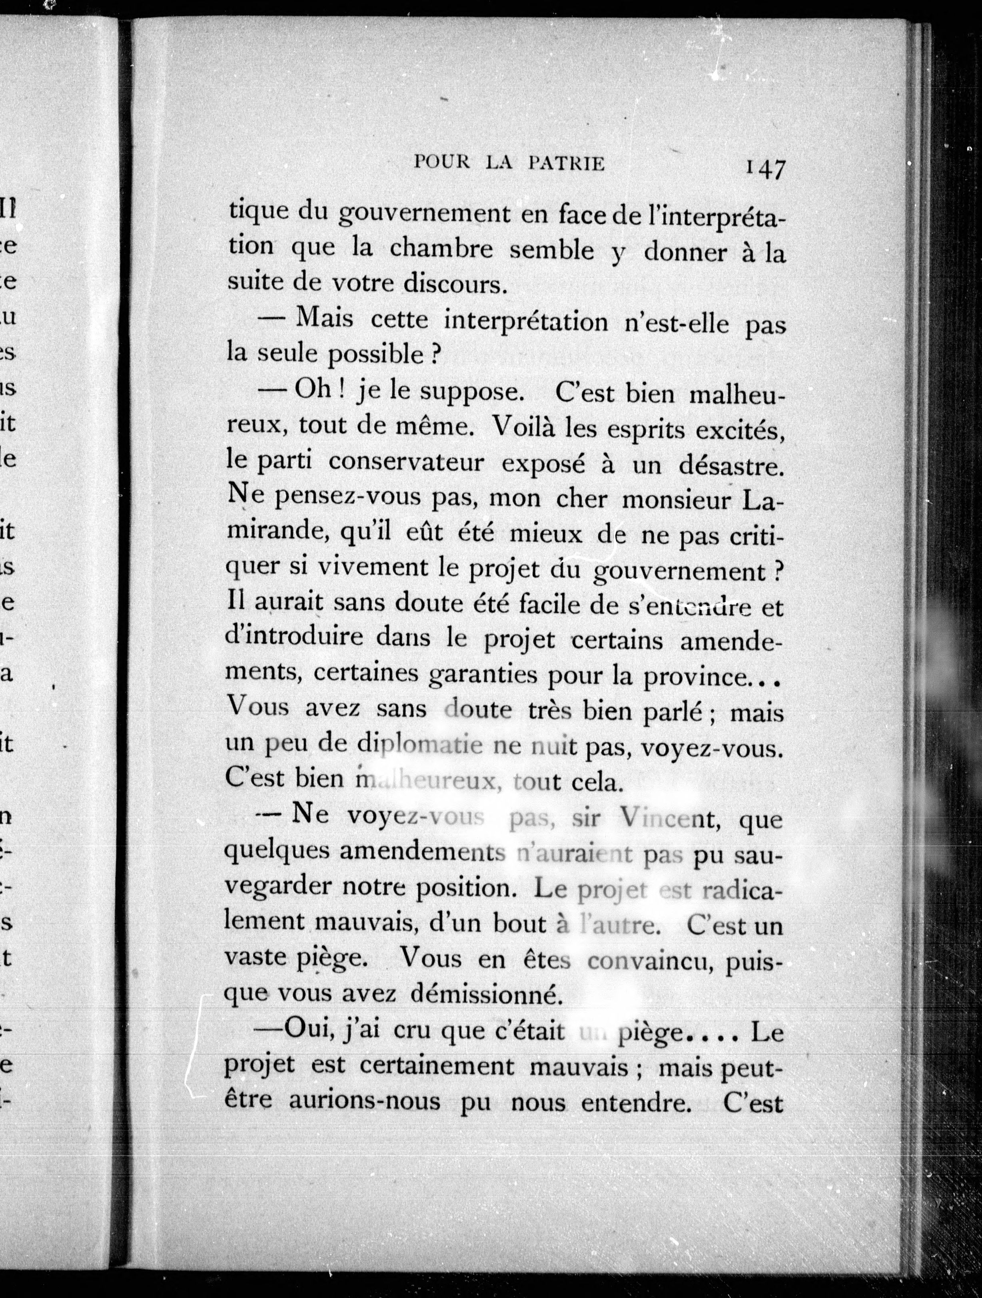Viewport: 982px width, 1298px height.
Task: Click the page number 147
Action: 765,169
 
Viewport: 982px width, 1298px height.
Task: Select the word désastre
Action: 731,465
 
